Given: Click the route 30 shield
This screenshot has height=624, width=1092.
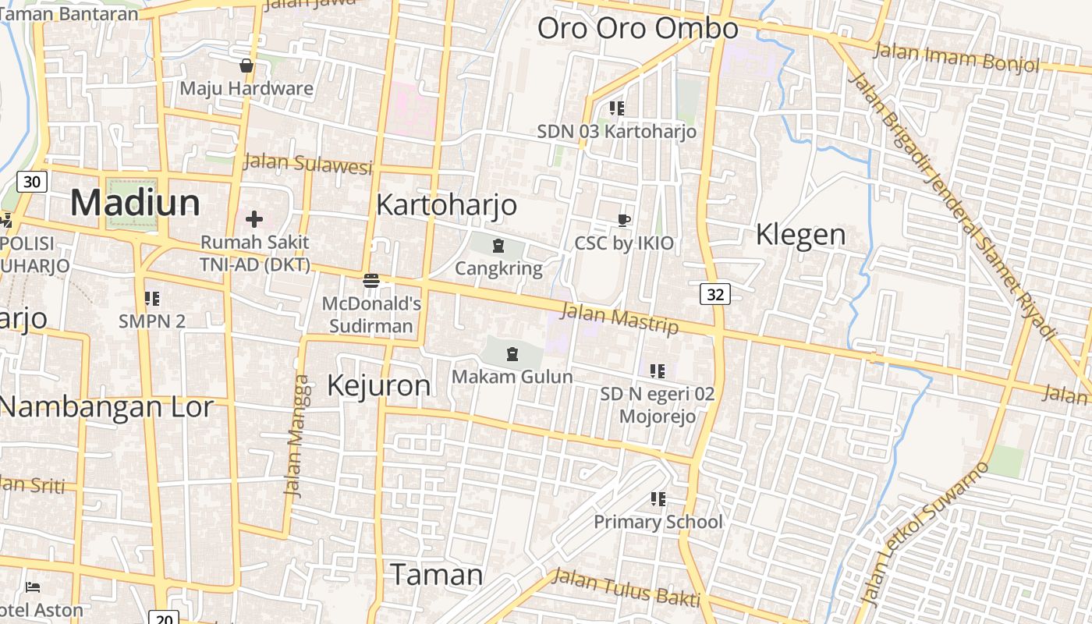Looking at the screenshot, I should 32,182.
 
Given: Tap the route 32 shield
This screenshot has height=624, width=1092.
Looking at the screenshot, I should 715,293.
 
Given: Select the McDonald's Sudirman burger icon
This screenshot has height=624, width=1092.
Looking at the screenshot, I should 371,280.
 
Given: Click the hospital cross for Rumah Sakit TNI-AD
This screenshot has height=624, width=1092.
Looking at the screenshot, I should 254,219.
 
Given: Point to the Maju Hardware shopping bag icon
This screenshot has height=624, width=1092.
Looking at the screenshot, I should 246,66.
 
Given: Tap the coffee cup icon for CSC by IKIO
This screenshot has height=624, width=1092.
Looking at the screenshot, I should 623,220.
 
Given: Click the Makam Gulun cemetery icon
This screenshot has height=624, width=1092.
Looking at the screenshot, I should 512,354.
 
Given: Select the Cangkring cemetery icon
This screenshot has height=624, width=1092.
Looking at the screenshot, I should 498,246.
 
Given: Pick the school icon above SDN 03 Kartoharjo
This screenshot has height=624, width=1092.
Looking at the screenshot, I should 616,108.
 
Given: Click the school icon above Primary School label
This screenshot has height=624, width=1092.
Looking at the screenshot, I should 658,498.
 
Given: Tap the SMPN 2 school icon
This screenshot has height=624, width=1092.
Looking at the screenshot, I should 152,298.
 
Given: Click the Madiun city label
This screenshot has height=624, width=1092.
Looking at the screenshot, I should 135,203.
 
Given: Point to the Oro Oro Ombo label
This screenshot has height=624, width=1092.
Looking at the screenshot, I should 637,29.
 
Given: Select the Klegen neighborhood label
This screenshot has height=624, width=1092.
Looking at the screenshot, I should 800,235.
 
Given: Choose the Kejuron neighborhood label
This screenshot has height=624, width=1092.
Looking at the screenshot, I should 378,385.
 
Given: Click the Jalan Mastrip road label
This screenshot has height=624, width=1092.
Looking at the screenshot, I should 619,318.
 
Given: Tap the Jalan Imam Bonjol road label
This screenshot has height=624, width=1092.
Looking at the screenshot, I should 955,57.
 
